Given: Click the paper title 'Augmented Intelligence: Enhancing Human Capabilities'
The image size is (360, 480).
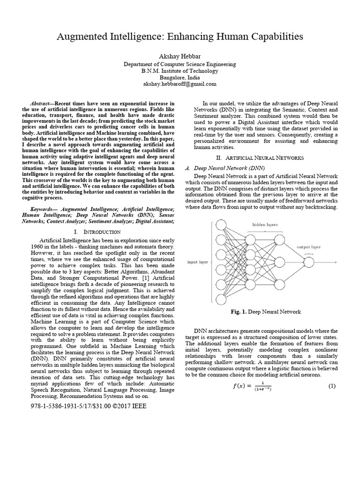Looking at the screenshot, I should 180,36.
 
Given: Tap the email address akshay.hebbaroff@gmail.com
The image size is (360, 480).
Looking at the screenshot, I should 180,84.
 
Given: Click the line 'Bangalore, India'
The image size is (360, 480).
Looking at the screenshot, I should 180,77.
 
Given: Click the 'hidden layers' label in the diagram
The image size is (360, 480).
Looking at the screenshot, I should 265,225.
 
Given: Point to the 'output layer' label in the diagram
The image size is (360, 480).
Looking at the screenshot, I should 308,246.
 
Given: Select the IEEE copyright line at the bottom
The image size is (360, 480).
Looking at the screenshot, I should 87,406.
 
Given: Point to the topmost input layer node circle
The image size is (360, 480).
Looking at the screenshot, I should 220,226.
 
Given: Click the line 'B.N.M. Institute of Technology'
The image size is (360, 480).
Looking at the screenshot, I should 180,71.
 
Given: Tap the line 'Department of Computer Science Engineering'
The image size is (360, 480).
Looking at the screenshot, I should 180,64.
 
